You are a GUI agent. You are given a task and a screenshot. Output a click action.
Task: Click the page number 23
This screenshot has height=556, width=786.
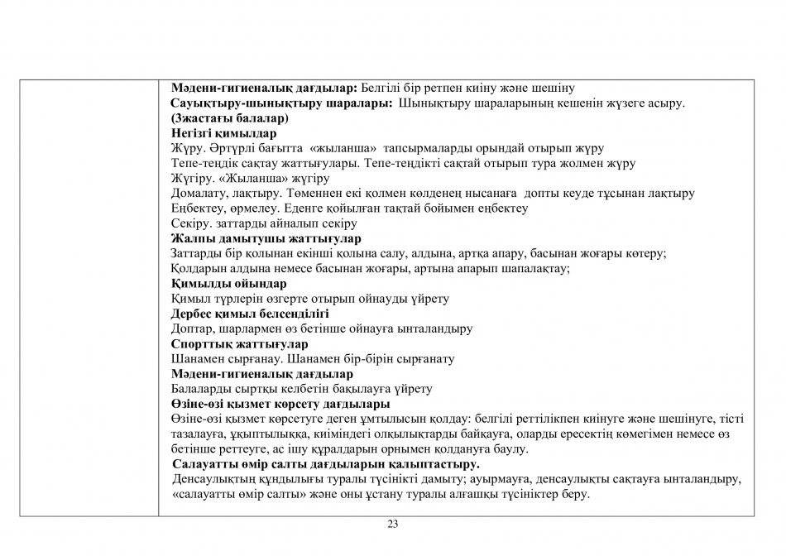[392, 524]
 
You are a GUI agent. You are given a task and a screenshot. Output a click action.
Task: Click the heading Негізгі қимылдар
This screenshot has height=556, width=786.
[223, 133]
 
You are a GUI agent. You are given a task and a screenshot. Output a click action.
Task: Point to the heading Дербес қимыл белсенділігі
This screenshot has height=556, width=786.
[250, 314]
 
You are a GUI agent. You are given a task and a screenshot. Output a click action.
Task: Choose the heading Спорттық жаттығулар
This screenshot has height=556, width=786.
[239, 344]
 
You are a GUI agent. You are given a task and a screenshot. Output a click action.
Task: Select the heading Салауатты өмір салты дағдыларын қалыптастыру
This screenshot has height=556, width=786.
[326, 464]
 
